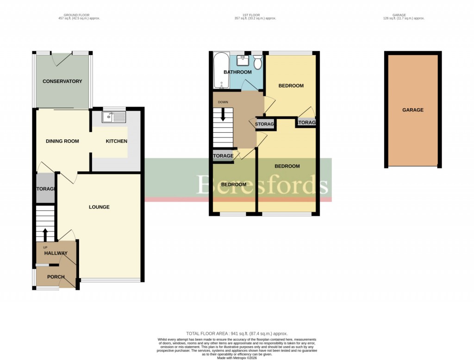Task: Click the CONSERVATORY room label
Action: click(62, 81)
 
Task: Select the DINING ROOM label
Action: click(62, 141)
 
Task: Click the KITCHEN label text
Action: click(116, 141)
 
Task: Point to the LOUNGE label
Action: click(99, 207)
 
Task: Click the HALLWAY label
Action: click(56, 253)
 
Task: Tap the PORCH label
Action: click(56, 277)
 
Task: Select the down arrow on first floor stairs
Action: click(223, 114)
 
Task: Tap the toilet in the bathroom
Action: click(258, 62)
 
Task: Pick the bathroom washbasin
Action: click(243, 61)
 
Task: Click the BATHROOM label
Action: click(237, 72)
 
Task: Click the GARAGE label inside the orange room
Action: click(412, 110)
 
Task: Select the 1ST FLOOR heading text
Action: click(255, 15)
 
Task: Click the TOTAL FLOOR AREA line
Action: click(237, 333)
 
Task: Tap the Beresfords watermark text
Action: click(263, 185)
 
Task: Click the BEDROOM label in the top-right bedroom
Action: click(291, 86)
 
